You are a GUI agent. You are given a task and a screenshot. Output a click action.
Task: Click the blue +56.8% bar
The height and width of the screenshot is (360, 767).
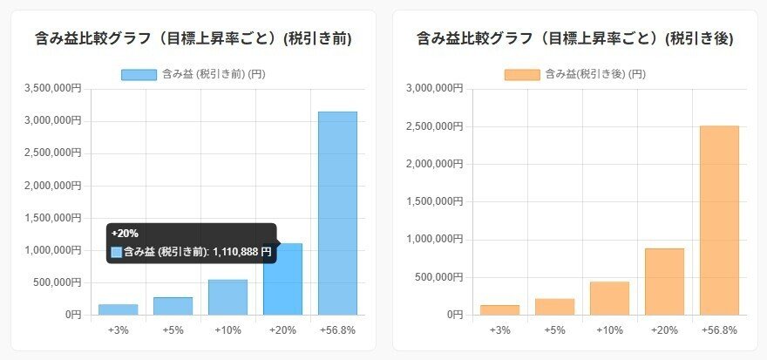(x=337, y=213)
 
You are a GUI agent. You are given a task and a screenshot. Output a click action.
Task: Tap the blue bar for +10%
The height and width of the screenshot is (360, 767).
(x=227, y=297)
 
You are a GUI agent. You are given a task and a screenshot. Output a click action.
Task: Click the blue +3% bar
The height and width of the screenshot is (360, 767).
(x=118, y=309)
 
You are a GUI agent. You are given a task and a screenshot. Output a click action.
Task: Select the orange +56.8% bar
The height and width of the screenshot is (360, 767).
(x=719, y=220)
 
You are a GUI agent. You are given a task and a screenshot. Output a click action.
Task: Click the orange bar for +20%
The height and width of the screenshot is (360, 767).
(x=664, y=281)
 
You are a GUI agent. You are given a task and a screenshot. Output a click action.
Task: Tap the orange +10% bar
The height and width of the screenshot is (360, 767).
(x=609, y=297)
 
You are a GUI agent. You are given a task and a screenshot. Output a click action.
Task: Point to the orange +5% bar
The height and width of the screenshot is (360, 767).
(x=554, y=306)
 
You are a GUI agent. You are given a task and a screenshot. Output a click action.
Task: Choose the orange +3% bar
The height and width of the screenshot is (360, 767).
(x=499, y=309)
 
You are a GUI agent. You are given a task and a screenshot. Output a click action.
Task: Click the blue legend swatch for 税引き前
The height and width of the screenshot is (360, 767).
(x=139, y=75)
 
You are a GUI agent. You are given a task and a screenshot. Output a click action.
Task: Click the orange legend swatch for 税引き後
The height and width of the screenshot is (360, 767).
(x=521, y=75)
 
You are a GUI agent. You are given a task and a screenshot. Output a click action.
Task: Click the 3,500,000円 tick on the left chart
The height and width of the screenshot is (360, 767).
(x=51, y=88)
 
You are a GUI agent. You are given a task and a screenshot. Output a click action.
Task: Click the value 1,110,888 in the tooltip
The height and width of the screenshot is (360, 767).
(x=242, y=252)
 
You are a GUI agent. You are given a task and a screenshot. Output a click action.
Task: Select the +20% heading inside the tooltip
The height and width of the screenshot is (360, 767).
(x=125, y=234)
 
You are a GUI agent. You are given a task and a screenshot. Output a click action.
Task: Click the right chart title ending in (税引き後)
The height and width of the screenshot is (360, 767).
(x=575, y=38)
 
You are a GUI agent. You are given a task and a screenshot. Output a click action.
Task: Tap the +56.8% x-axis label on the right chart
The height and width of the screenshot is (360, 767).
(x=719, y=330)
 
